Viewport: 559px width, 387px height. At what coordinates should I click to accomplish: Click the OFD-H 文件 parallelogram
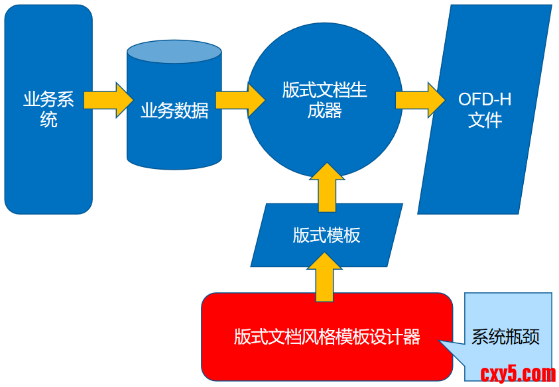click(484, 166)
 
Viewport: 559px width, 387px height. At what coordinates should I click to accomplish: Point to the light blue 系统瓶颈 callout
click(507, 311)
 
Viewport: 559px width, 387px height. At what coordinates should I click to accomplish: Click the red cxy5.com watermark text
click(517, 374)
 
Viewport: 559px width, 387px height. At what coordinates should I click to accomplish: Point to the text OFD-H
click(485, 100)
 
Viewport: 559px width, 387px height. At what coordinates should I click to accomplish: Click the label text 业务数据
click(174, 111)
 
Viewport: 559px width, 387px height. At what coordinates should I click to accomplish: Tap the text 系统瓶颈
click(505, 337)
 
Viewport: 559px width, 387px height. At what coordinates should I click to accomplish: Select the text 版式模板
click(327, 235)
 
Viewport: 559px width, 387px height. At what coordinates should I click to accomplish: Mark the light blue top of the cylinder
click(174, 52)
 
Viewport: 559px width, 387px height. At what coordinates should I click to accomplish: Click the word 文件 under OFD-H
click(485, 121)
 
